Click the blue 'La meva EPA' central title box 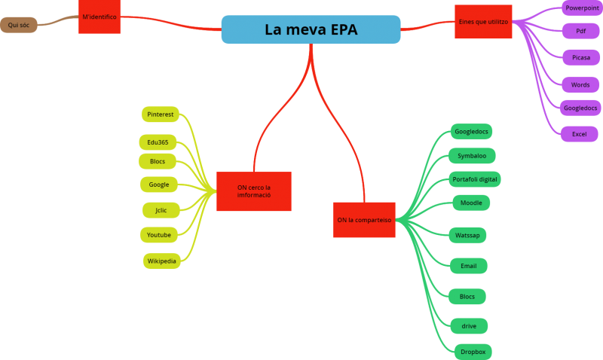coord(311,29)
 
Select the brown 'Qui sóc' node coord(18,25)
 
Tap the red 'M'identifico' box coord(99,17)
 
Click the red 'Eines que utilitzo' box coord(483,22)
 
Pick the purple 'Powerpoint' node coord(582,8)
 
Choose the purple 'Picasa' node coord(581,57)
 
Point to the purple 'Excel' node coord(579,134)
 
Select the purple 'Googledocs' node coord(580,108)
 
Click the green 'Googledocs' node coord(471,132)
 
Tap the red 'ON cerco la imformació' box coord(253,191)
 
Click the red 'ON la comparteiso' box coord(364,220)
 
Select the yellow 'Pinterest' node coord(160,114)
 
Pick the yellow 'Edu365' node coord(158,142)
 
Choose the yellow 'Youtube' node coord(159,235)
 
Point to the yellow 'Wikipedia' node coord(162,261)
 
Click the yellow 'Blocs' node coord(158,161)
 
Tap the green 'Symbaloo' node coord(472,156)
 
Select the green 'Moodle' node coord(471,203)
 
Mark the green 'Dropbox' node coord(473,352)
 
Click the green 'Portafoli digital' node coord(474,179)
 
